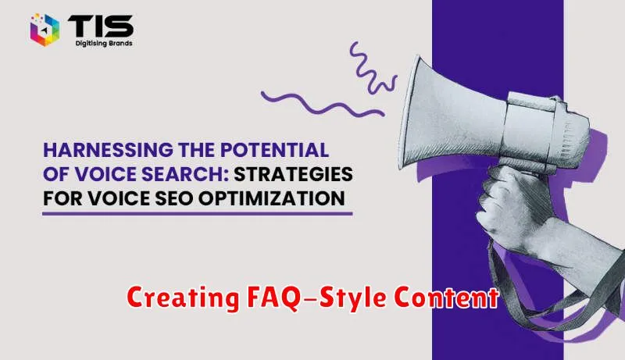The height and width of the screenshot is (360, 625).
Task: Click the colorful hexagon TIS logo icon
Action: click(45, 30)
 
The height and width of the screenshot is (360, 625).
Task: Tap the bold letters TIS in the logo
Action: click(101, 27)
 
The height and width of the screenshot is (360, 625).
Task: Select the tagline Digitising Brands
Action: click(104, 43)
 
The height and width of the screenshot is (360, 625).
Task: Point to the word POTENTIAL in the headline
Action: click(275, 150)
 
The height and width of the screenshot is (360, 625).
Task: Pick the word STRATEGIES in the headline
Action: click(294, 174)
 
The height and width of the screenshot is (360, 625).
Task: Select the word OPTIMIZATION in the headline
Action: click(272, 198)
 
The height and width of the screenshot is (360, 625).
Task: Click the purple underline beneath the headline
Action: click(198, 214)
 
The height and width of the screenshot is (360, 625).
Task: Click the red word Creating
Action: click(183, 298)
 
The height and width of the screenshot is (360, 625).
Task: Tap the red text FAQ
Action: click(273, 298)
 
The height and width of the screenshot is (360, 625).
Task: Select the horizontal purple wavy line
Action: click(323, 105)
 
